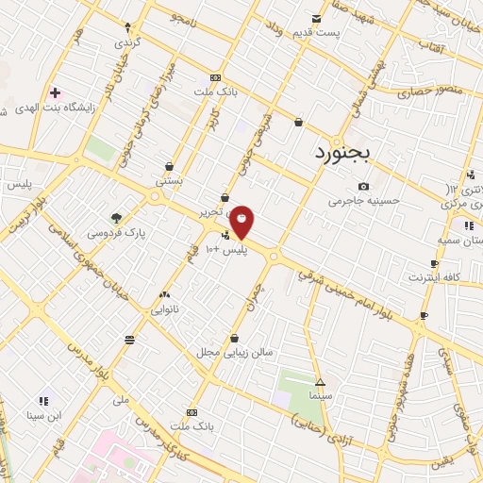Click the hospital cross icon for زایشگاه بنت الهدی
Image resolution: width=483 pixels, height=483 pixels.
(x=55, y=92)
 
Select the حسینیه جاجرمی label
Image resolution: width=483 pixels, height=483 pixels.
(x=363, y=201)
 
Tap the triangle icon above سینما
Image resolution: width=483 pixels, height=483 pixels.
(x=321, y=383)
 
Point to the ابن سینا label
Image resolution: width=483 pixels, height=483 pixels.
(x=42, y=414)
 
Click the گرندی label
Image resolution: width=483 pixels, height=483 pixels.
(x=125, y=42)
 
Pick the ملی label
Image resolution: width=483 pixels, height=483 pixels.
(x=120, y=400)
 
